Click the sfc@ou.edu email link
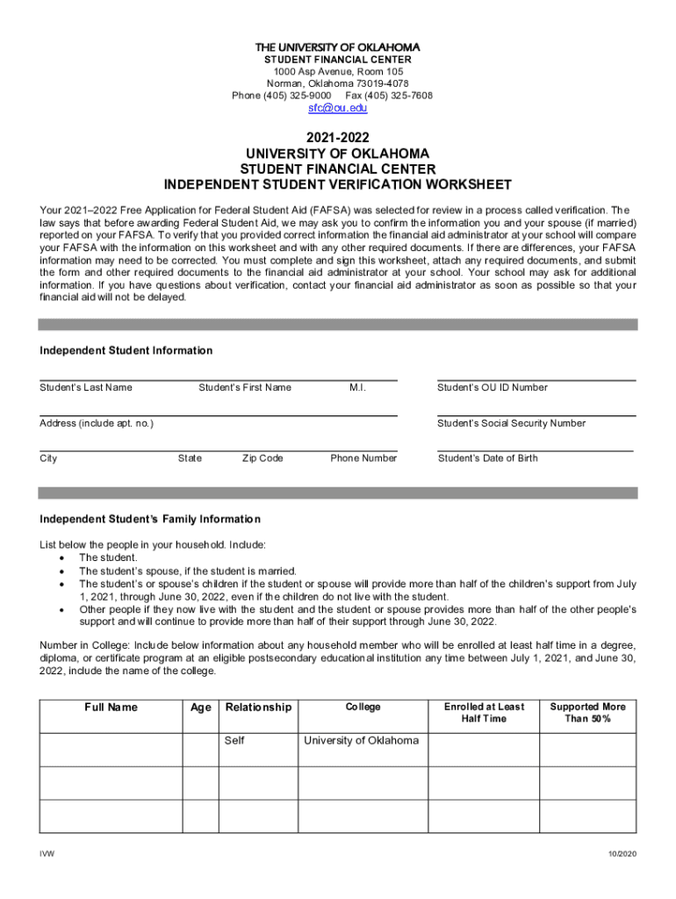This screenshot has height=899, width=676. click(x=337, y=108)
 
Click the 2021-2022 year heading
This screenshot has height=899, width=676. click(x=337, y=138)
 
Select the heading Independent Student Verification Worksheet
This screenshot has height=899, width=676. click(x=337, y=185)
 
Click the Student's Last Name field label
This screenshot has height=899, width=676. click(x=86, y=388)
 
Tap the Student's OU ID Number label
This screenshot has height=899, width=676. click(x=493, y=388)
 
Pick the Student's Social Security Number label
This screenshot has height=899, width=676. click(x=512, y=423)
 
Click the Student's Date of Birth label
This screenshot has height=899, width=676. click(x=488, y=458)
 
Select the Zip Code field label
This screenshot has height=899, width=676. click(x=262, y=458)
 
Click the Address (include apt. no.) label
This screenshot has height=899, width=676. click(x=97, y=423)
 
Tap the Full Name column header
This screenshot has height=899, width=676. click(x=111, y=708)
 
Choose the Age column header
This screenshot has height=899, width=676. click(x=201, y=708)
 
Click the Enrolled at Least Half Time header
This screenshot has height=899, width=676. click(x=484, y=713)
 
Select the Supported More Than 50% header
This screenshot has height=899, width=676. click(x=587, y=713)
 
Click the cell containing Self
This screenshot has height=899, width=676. click(x=234, y=741)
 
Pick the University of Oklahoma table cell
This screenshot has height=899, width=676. click(x=361, y=741)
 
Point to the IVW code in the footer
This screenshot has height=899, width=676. click(x=46, y=854)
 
